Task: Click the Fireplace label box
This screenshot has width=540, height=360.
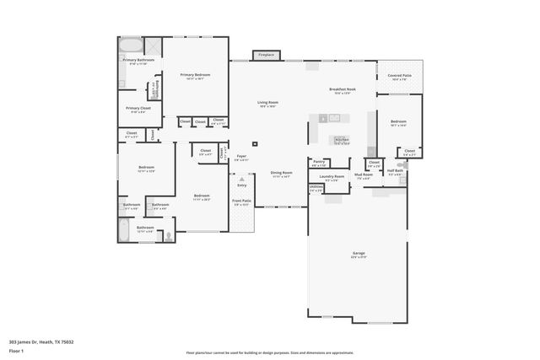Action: [266, 55]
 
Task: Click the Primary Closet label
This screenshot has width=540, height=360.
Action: [138, 110]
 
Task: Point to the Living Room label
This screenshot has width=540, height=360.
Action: [268, 104]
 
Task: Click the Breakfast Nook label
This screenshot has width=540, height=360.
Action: [343, 90]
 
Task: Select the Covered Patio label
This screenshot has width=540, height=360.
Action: [400, 77]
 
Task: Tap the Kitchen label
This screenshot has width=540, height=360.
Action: [342, 141]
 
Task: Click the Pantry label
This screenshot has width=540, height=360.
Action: [319, 163]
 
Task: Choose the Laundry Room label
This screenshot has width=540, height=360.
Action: [332, 178]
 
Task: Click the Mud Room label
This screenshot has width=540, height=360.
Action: [364, 176]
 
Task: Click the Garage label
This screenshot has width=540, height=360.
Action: [359, 255]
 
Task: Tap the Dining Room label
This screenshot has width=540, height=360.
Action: [281, 175]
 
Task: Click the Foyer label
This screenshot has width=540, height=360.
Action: [241, 157]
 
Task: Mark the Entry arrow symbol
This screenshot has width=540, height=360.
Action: [242, 179]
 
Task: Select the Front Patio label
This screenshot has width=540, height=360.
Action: [241, 202]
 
